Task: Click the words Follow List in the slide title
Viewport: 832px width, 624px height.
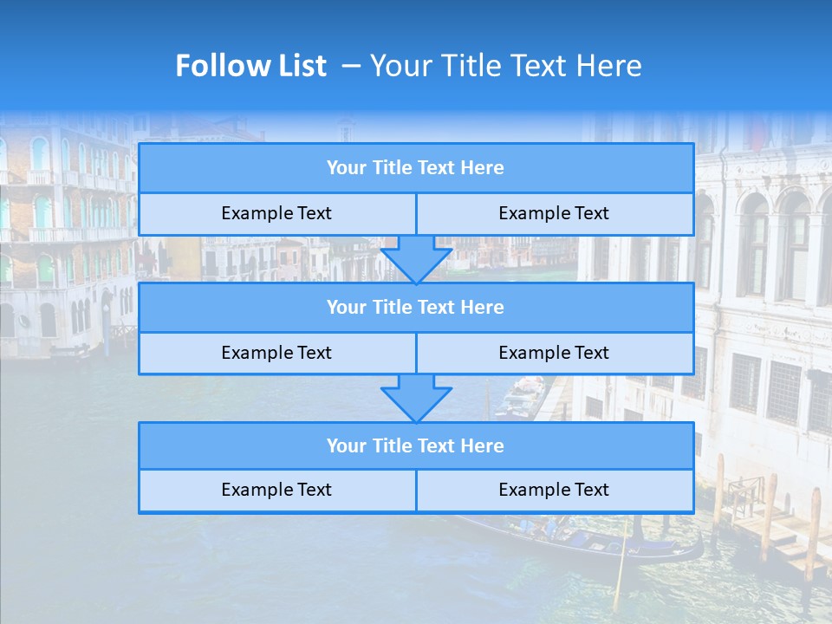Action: [x=250, y=66]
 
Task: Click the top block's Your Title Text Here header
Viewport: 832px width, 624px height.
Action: [x=415, y=168]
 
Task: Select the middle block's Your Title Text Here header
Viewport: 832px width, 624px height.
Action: [x=415, y=308]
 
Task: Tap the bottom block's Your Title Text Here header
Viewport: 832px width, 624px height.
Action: [x=415, y=446]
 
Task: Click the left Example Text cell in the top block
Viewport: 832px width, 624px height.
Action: [x=276, y=214]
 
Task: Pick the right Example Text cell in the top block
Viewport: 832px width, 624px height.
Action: [x=554, y=214]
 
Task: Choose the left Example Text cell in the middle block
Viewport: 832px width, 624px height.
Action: [x=276, y=354]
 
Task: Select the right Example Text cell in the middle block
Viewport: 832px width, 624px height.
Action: [x=554, y=354]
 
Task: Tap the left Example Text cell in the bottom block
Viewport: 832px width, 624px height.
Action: [x=276, y=491]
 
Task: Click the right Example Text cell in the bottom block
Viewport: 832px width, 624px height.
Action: [x=554, y=491]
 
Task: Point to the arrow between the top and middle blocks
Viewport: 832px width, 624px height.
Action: [x=416, y=258]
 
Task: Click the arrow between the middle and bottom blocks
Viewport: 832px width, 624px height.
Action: [x=416, y=398]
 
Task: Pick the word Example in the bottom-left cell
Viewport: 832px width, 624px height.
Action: [x=255, y=491]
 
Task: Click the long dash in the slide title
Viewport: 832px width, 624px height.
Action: [x=351, y=66]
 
